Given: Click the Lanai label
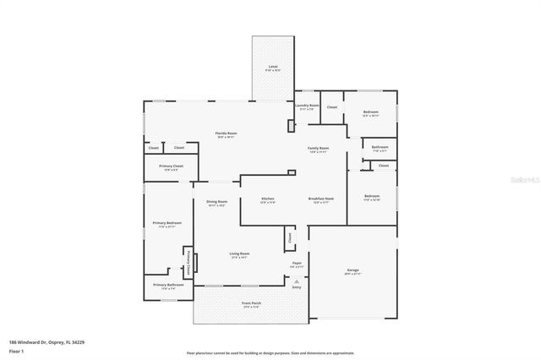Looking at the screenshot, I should (273, 66).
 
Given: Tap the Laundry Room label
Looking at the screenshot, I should (307, 106).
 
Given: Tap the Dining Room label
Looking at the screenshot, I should (217, 202).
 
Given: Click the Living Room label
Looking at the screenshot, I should (239, 254).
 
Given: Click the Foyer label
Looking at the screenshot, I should (298, 264).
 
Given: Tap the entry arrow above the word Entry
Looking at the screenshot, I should (297, 280).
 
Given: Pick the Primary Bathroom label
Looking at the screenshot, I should (168, 286).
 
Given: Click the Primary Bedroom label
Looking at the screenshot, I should (167, 224).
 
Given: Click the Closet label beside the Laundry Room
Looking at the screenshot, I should (332, 107).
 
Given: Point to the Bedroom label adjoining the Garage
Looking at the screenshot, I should (372, 197).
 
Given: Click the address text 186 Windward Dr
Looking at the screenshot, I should (46, 342).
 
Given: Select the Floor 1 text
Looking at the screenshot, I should (16, 350).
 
